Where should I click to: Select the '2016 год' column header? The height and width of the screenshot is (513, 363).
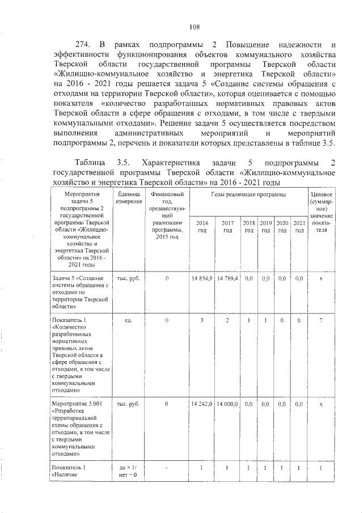(x=202, y=226)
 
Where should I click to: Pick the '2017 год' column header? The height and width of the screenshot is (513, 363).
(x=227, y=226)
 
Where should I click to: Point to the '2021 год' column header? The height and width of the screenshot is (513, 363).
(x=299, y=226)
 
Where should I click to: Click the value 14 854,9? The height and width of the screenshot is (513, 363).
(x=202, y=278)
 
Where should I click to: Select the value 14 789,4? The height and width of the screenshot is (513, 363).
(x=227, y=278)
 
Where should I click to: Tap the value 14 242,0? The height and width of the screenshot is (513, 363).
(x=202, y=404)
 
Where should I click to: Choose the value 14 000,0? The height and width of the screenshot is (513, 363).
(x=227, y=404)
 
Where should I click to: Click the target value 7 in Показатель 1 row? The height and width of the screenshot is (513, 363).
(x=321, y=321)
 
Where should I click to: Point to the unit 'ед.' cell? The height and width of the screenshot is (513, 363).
(x=129, y=321)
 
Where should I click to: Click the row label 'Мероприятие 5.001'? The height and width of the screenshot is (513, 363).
(x=77, y=404)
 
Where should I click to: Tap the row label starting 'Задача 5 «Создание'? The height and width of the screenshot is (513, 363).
(x=78, y=278)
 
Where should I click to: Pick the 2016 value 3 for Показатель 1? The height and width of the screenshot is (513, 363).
(x=202, y=321)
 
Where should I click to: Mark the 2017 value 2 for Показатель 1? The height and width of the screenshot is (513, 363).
(x=227, y=321)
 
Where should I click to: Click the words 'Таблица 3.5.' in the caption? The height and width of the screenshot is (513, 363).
(x=100, y=163)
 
